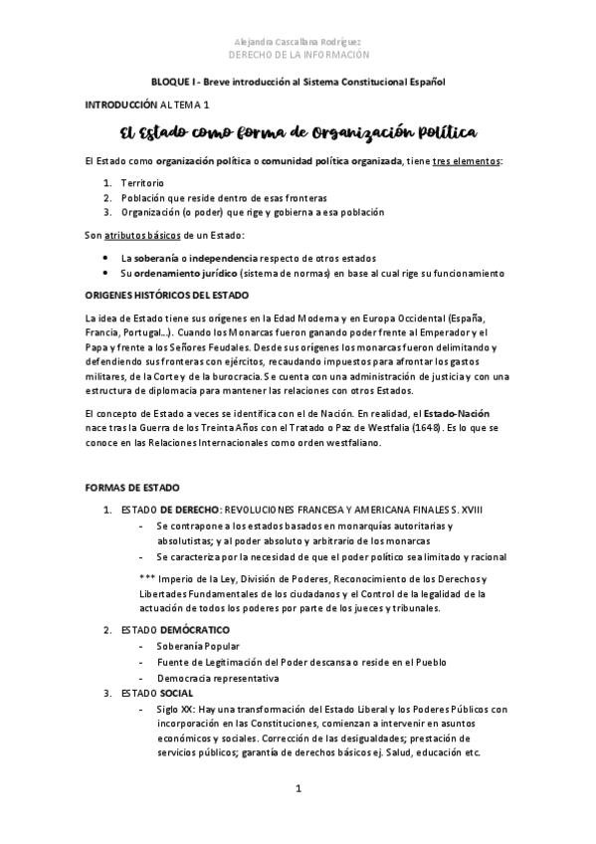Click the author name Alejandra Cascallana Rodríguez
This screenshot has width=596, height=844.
298,42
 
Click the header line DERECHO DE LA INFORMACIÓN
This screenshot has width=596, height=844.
298,55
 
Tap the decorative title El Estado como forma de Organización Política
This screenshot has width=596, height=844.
298,132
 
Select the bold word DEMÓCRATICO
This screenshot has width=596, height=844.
194,630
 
